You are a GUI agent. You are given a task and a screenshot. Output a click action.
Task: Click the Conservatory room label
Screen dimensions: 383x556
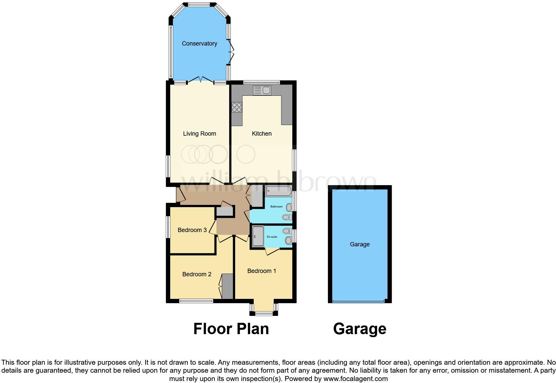click(x=199, y=44)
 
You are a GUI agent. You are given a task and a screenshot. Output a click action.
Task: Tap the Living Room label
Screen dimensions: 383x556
click(x=200, y=134)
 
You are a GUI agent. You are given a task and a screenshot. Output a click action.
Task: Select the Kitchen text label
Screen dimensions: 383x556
click(x=262, y=134)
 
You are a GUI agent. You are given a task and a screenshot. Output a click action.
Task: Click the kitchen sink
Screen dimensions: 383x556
click(x=262, y=90)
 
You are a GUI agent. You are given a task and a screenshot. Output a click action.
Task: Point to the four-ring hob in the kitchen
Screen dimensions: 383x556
click(x=237, y=107)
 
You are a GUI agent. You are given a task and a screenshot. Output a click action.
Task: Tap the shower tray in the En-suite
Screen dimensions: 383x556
click(x=258, y=236)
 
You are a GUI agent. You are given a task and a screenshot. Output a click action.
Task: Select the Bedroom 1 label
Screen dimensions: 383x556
click(x=262, y=271)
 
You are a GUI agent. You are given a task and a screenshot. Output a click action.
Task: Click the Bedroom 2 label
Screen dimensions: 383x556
click(x=197, y=274)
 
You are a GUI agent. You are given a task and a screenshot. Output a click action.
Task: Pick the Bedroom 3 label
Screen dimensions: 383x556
click(x=192, y=230)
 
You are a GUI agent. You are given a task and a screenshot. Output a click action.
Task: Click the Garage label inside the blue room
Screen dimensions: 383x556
click(x=360, y=244)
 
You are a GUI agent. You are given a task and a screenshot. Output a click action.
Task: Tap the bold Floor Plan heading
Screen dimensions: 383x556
click(x=231, y=329)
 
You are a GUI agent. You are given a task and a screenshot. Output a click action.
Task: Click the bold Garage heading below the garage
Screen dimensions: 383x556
click(x=360, y=329)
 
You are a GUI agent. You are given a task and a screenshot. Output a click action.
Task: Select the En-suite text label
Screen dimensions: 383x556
click(x=272, y=237)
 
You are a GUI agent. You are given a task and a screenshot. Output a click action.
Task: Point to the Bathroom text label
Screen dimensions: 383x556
click(x=276, y=206)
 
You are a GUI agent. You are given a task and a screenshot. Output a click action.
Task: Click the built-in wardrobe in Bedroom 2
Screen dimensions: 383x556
click(x=227, y=286)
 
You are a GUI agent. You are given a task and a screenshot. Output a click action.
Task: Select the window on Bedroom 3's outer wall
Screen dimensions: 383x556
click(x=168, y=227)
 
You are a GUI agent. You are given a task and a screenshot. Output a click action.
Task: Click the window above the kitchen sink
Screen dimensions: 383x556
click(x=261, y=82)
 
